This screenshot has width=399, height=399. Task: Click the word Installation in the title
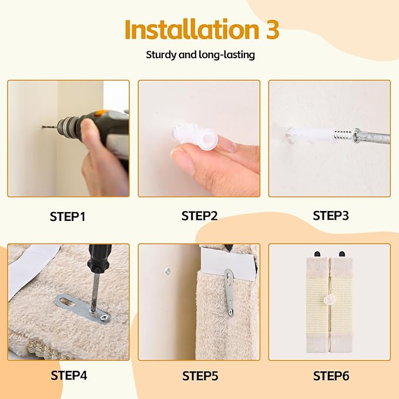click(182, 30)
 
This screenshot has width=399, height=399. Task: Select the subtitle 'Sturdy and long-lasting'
click(199, 55)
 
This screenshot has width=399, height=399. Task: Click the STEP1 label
click(68, 216)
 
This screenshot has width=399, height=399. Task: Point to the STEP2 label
click(199, 216)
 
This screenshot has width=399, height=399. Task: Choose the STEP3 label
click(330, 216)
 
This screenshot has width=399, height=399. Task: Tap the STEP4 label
click(68, 375)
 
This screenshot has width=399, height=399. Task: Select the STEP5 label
click(199, 375)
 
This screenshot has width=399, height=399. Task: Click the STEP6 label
click(330, 375)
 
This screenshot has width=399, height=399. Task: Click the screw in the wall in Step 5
click(167, 271)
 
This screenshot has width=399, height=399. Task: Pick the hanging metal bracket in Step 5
click(230, 291)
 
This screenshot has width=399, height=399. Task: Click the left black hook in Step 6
click(318, 253)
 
